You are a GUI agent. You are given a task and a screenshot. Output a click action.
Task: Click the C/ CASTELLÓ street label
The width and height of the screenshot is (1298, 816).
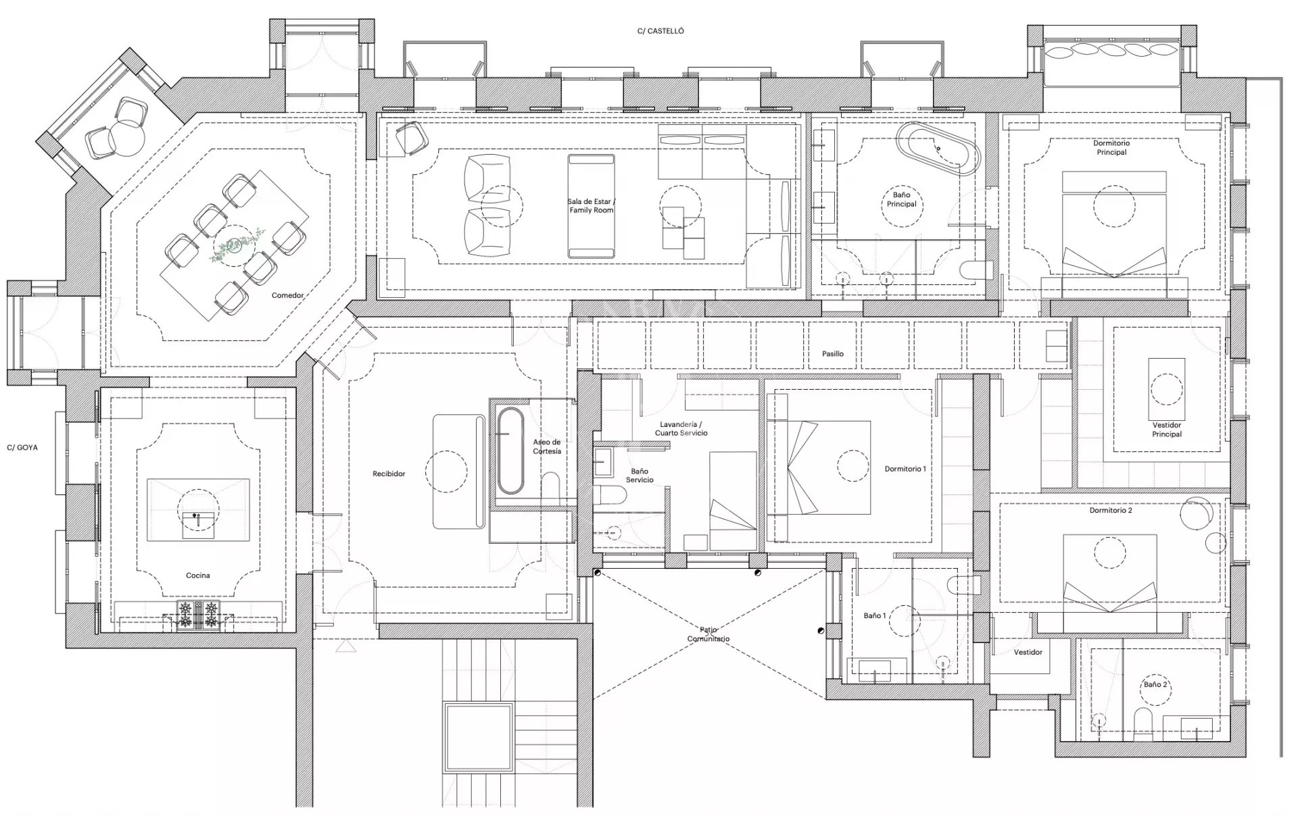point(660,31)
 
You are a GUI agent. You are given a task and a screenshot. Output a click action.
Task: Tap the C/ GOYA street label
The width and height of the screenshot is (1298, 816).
point(22,447)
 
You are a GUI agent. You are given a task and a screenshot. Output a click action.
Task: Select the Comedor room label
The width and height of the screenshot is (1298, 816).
point(287,295)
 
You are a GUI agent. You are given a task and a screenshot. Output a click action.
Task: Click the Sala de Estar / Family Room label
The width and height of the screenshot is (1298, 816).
point(591,206)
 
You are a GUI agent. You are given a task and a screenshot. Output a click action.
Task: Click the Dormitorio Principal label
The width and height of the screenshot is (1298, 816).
point(1111,148)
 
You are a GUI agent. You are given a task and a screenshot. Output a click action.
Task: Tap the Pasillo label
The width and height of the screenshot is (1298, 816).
point(833,353)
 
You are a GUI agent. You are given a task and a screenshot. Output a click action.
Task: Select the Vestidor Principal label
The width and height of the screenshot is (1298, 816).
point(1167,430)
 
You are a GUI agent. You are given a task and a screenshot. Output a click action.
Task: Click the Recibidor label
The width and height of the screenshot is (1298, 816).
point(389,474)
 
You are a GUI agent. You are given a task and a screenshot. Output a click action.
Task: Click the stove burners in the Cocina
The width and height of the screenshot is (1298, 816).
point(199,615)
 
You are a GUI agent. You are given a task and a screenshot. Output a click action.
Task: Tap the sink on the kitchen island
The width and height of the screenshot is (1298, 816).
point(199,525)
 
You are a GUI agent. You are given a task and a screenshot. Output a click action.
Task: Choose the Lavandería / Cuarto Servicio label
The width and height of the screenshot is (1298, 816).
point(681,429)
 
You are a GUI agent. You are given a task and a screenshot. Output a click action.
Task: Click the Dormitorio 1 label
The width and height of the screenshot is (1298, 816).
point(905,469)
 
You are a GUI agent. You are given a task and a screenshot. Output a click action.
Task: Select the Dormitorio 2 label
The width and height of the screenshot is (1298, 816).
point(1111,511)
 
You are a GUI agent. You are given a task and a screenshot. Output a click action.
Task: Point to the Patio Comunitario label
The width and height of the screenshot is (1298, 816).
point(708,634)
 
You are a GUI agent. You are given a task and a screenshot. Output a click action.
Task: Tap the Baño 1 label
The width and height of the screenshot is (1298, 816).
point(874,616)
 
